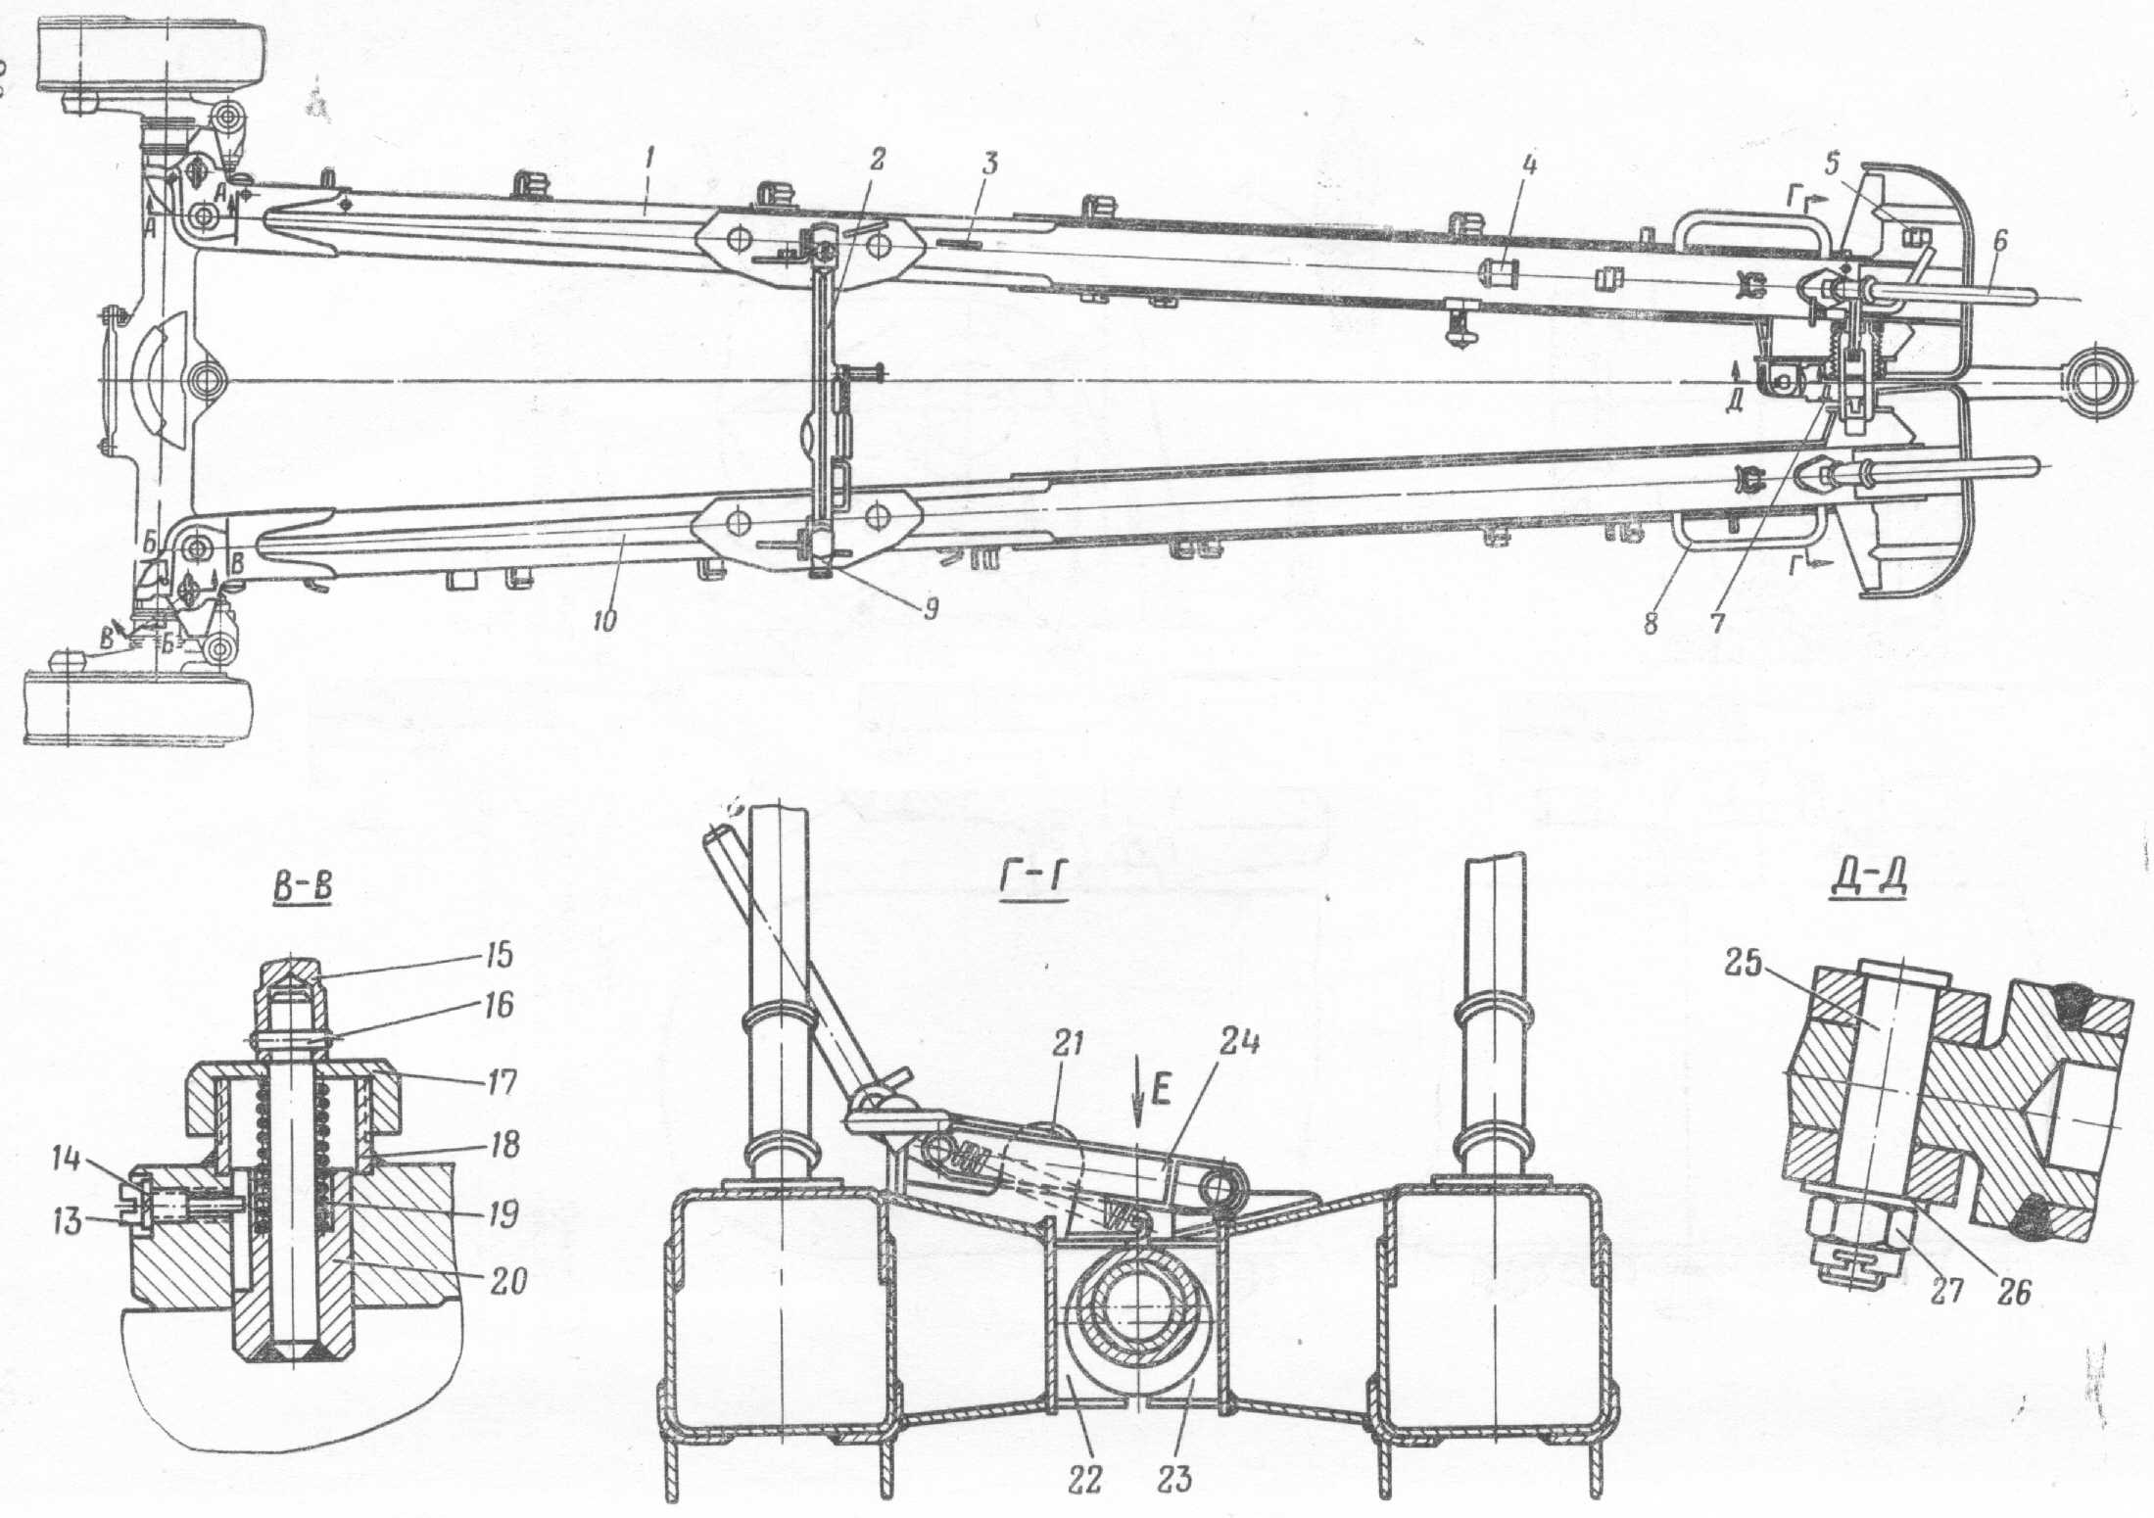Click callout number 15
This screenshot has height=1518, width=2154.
(499, 955)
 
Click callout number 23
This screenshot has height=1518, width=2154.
(1173, 1478)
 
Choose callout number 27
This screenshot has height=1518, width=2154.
(1947, 1291)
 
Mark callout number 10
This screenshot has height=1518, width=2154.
(604, 619)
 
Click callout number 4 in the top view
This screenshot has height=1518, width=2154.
(1529, 166)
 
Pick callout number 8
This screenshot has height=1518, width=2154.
(1651, 623)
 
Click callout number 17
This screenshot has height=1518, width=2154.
(500, 1083)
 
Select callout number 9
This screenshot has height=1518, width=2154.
(929, 609)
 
